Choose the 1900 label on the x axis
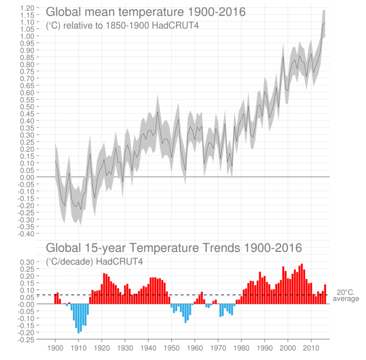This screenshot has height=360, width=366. point(55,348)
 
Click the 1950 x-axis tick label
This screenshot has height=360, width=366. point(171,348)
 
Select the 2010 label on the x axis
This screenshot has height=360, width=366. point(311,348)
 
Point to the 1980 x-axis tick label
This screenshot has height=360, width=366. point(241,348)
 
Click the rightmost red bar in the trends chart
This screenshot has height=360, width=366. point(325,294)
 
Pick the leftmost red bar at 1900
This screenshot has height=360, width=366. point(55,299)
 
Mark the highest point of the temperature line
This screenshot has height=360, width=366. point(325,23)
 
